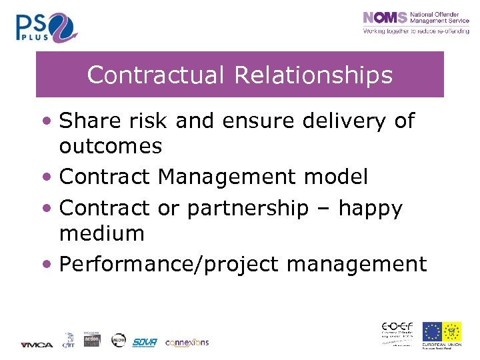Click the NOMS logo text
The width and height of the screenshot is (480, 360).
click(385, 19)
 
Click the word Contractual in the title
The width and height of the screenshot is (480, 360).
click(157, 75)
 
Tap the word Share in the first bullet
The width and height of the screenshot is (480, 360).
click(89, 121)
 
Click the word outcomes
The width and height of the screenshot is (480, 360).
click(111, 145)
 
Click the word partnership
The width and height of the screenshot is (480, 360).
click(248, 209)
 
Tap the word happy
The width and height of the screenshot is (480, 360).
click(370, 209)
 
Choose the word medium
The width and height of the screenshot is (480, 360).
click(101, 233)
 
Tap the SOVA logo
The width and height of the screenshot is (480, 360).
click(144, 342)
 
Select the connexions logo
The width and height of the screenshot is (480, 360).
click(187, 342)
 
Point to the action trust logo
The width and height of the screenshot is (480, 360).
click(91, 339)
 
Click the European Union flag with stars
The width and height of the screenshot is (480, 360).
click(432, 331)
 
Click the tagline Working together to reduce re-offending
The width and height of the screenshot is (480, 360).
click(415, 31)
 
